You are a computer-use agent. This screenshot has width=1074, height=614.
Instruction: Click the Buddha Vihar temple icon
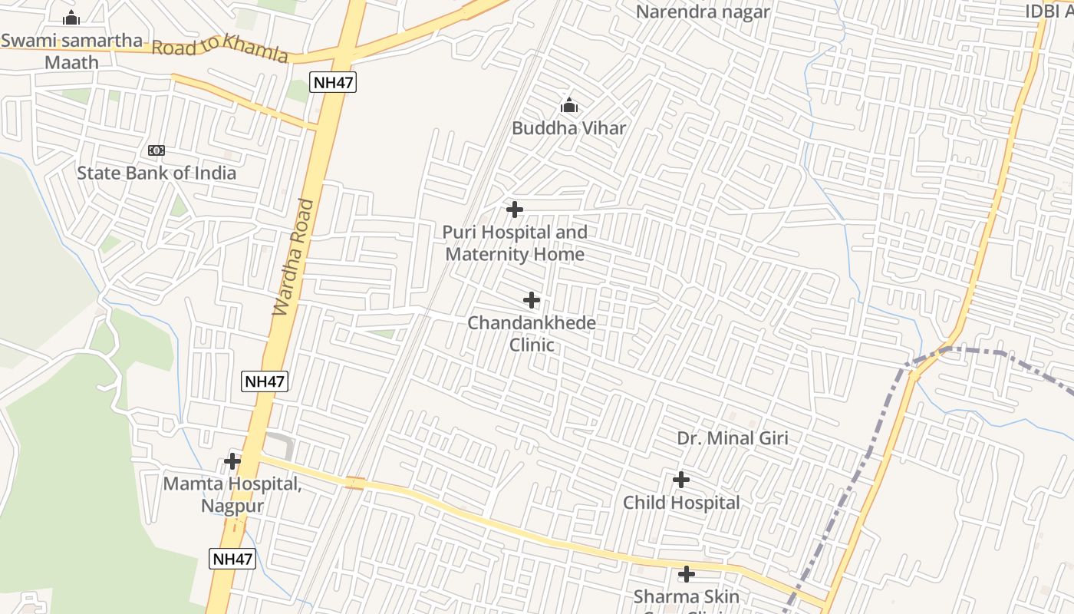point(568,105)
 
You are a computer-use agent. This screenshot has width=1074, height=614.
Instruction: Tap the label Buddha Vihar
point(568,128)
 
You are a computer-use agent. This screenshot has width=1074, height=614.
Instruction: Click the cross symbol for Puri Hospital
point(515,210)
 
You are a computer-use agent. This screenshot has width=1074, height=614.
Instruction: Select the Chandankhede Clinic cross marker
point(532,300)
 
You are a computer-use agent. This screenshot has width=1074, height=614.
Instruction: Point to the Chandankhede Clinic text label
point(532,333)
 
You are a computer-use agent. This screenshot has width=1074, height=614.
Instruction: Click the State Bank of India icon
point(156,150)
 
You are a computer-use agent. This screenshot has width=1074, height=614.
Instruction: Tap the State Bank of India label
point(156,173)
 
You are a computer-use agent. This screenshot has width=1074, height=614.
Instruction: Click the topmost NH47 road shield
point(334,82)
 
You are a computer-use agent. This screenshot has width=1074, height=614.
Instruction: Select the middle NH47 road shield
point(265,381)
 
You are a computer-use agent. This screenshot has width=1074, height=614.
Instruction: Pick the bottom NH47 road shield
point(232,558)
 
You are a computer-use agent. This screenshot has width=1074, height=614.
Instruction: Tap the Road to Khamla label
point(219,48)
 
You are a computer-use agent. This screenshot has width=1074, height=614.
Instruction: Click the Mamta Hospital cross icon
point(232,461)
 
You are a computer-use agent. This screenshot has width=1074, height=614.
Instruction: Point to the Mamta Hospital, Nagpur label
point(232,494)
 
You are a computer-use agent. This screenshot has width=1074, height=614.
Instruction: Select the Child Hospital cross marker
point(680,480)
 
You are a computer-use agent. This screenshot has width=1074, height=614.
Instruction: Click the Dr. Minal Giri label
point(732,438)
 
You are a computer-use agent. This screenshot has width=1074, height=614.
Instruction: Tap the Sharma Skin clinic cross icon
point(687,574)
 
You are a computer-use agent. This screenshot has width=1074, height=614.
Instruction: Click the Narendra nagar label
point(702,12)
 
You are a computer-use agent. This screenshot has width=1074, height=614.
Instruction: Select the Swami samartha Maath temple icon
point(71,18)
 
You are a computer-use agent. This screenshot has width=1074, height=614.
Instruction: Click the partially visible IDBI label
point(1049,12)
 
